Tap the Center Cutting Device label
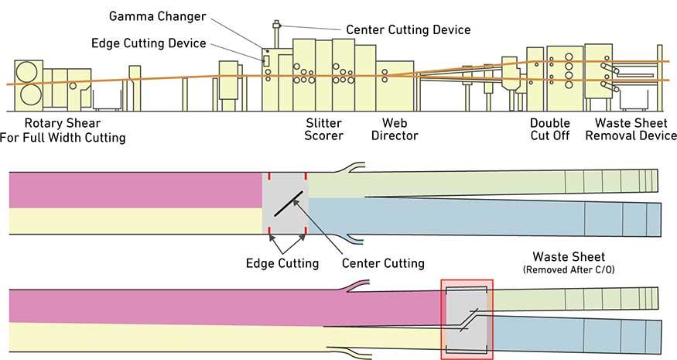[x=408, y=29]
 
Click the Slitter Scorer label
[x=324, y=129]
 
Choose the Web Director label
[x=400, y=129]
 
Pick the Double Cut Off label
[x=549, y=129]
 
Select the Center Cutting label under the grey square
[x=383, y=262]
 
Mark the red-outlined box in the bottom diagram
[x=467, y=319]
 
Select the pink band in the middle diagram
[x=135, y=189]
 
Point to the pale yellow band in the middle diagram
[x=135, y=220]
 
